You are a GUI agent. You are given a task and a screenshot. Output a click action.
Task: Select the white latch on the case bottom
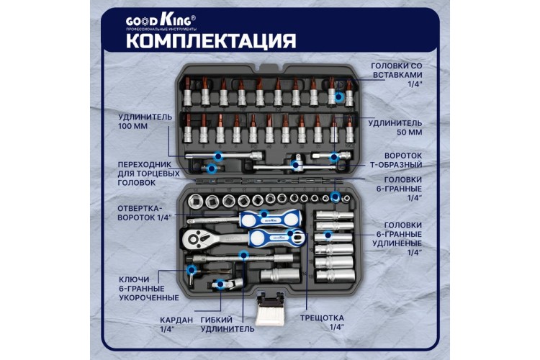(273, 307)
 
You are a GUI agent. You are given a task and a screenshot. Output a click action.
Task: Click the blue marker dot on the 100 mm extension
(220, 155)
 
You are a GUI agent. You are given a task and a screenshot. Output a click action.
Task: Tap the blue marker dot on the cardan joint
(217, 285)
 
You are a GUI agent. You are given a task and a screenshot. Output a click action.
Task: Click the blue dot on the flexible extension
(244, 254)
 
